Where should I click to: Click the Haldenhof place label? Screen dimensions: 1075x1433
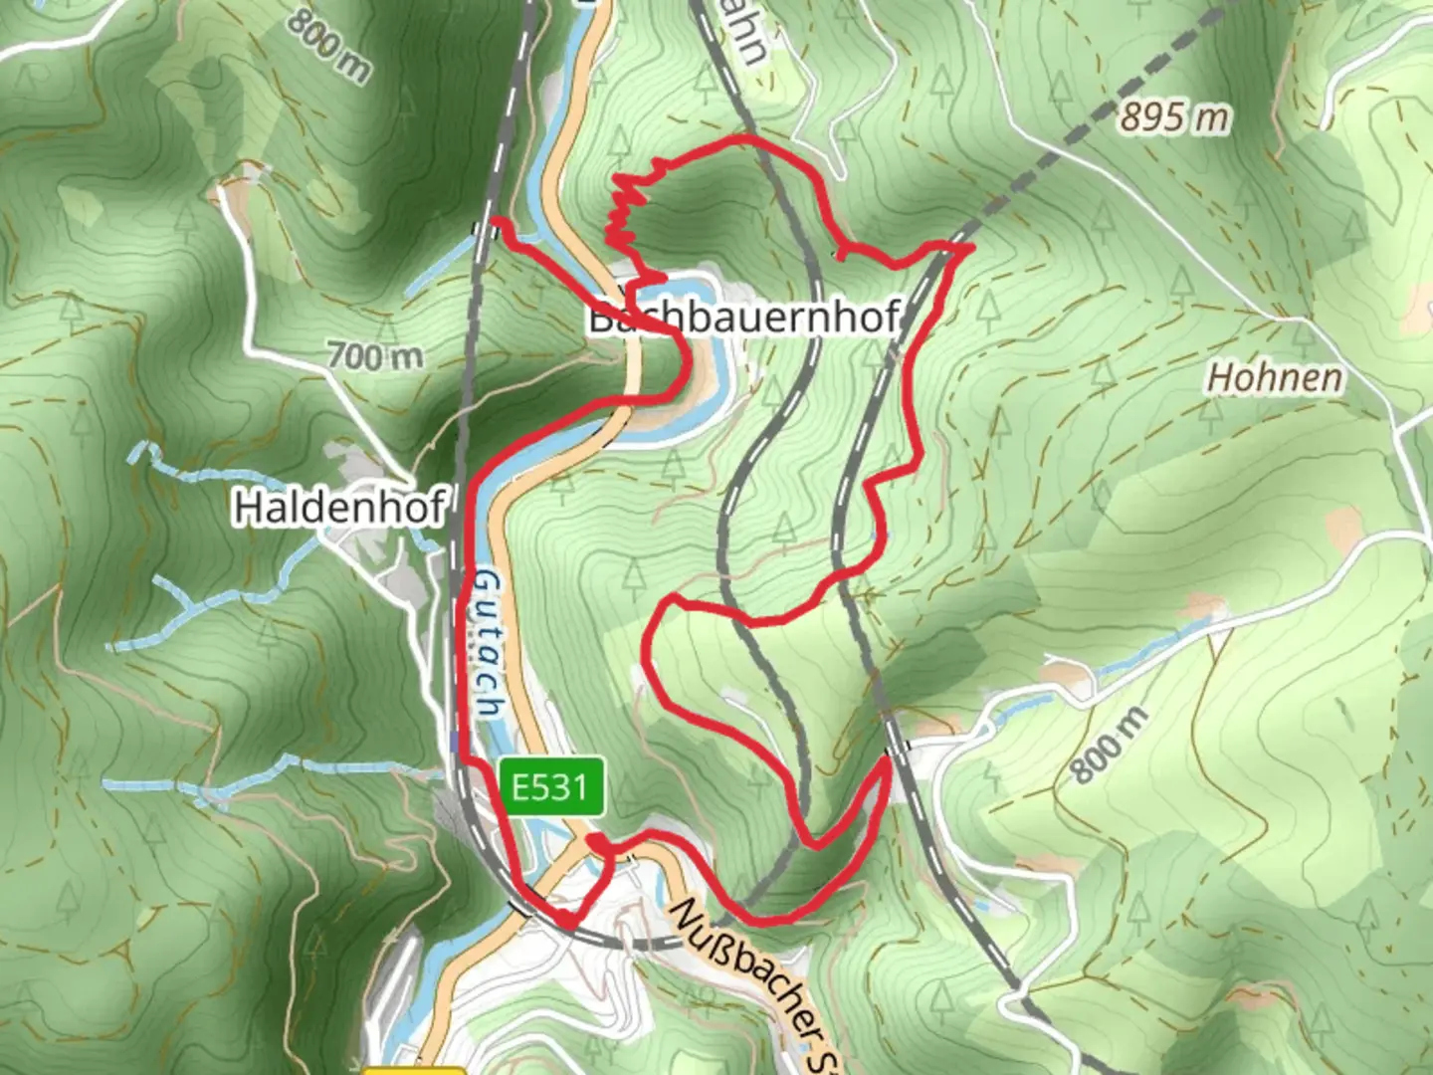[x=338, y=508]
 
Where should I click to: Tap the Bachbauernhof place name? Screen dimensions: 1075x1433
[x=744, y=318]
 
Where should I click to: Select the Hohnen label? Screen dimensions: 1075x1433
[x=1274, y=378]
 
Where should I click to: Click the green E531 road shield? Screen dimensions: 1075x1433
[x=551, y=787]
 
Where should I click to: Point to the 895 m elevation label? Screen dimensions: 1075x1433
[x=1174, y=117]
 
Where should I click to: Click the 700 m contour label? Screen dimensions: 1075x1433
[x=374, y=355]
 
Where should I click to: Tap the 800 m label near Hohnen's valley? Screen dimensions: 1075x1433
[x=1111, y=745]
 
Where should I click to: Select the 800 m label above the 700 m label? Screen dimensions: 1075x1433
[x=328, y=45]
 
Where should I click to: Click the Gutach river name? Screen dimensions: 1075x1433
[x=487, y=642]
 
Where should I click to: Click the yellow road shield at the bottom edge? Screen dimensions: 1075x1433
[x=413, y=1070]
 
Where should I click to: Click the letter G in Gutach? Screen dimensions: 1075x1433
[x=485, y=583]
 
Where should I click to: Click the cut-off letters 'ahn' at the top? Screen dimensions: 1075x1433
[x=751, y=35]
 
